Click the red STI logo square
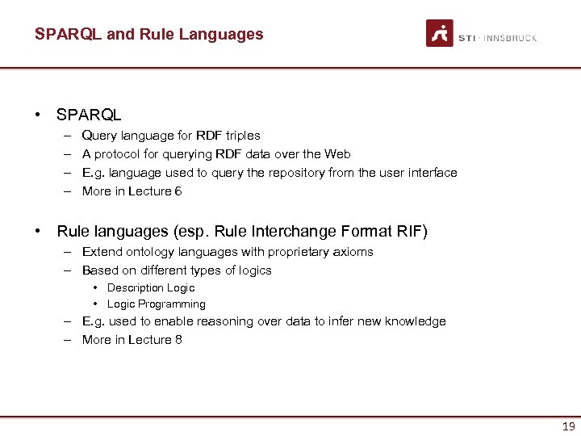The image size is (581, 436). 440,33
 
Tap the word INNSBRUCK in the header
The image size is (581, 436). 511,38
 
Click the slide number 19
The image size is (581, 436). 568,426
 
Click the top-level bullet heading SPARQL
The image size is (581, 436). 89,115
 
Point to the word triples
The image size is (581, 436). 241,136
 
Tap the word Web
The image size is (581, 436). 337,154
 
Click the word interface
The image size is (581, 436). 433,173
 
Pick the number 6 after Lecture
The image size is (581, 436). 178,191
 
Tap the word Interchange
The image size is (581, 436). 294,232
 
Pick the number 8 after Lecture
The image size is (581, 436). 178,340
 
